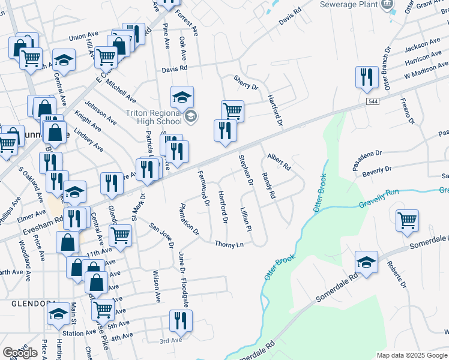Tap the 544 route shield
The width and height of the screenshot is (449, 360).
(x=370, y=103)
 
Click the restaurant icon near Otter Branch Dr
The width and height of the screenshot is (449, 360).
(x=366, y=77)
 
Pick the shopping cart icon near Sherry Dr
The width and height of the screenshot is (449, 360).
(x=232, y=111)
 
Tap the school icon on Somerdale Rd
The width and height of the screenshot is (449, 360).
(x=366, y=262)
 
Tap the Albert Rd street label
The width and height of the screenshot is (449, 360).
(x=279, y=161)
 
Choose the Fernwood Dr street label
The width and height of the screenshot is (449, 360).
(x=202, y=188)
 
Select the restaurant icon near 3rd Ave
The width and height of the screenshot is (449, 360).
(x=180, y=322)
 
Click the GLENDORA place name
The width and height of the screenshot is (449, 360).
(x=34, y=304)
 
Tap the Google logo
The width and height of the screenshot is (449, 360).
(x=20, y=353)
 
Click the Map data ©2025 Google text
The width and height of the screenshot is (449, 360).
(x=412, y=355)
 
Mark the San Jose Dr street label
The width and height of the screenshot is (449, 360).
(x=161, y=236)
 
